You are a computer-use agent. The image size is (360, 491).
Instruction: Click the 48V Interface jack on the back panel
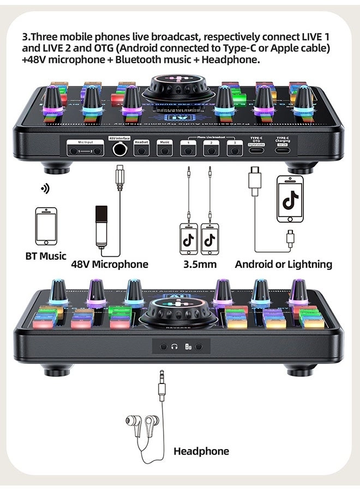(119, 149)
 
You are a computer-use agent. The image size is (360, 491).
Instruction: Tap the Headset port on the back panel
(141, 149)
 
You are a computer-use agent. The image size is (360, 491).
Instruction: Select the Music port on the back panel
(164, 149)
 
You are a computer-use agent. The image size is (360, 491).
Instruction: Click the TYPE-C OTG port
(256, 149)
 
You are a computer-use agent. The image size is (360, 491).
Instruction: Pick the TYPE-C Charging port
(282, 149)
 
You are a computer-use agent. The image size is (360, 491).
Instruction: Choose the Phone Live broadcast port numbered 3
(234, 149)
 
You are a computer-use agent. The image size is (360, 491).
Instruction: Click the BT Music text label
(46, 255)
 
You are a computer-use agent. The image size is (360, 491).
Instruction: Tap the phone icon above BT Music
(46, 226)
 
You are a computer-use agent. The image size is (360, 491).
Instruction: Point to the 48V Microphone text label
(110, 265)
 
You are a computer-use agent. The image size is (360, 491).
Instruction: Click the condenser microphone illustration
(101, 225)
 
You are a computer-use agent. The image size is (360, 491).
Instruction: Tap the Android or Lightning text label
(283, 265)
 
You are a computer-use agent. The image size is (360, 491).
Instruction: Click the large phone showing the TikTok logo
(290, 199)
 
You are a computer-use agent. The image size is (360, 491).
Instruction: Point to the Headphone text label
(201, 451)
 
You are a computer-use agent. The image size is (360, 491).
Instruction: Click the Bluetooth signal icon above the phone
(45, 189)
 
